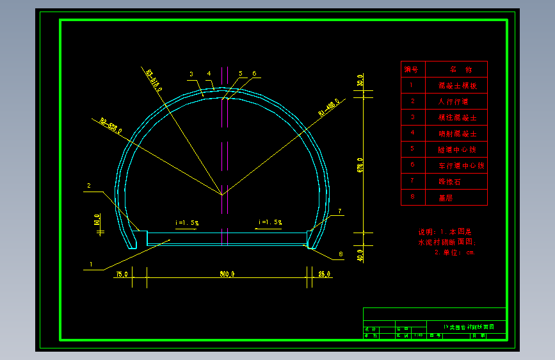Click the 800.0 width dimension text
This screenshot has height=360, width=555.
227,274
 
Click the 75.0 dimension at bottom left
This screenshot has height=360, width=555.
122,274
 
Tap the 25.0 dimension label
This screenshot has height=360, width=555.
324,274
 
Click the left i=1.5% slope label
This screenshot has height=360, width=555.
187,223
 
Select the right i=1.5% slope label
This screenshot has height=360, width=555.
270,222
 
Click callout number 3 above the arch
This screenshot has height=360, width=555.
191,74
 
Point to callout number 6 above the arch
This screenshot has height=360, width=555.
254,74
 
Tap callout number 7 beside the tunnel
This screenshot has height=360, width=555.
340,211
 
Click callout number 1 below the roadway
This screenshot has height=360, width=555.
91,264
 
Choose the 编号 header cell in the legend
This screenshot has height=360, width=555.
411,69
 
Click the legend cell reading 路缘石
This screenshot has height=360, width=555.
449,181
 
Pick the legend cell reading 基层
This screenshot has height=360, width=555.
446,198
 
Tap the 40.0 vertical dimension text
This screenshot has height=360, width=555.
360,254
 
